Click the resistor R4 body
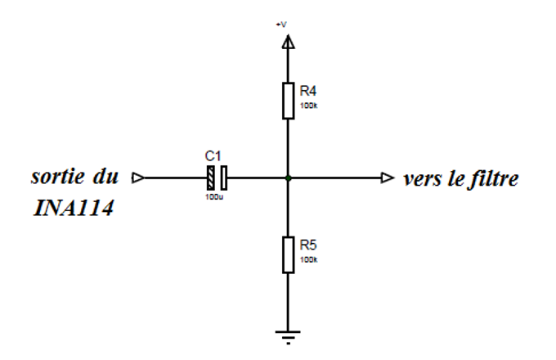pos(287,100)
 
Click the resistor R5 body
pos(287,254)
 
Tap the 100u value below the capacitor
pos(213,197)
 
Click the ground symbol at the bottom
pos(287,333)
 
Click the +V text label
pos(283,25)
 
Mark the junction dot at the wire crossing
pos(287,177)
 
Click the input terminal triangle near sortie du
pos(137,177)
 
